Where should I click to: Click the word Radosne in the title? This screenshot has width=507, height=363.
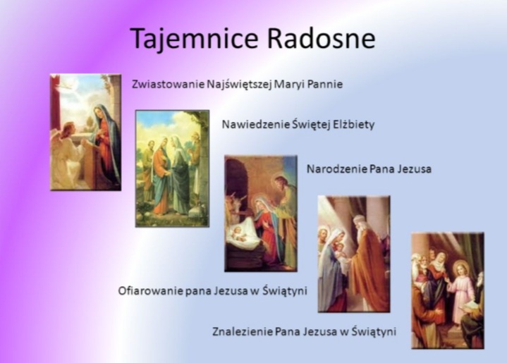(322, 38)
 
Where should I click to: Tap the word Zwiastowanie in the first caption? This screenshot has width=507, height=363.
(168, 84)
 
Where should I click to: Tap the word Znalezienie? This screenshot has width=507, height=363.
(243, 332)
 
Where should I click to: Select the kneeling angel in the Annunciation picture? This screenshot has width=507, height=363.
(69, 154)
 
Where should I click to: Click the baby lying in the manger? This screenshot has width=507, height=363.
(238, 233)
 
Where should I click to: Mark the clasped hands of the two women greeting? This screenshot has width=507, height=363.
(168, 173)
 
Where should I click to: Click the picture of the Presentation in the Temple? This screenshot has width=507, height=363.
(354, 254)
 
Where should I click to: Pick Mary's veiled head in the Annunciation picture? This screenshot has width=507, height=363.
(102, 113)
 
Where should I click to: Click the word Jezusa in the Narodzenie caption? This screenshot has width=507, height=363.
(415, 168)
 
